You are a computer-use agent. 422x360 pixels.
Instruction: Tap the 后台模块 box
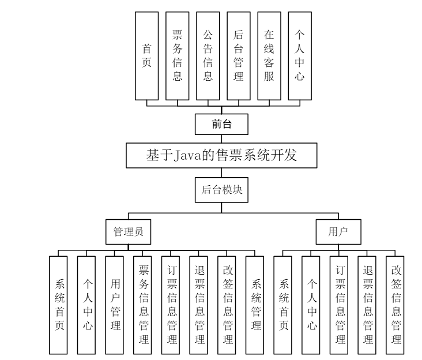[222, 192]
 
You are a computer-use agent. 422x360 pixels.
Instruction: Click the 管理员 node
[128, 232]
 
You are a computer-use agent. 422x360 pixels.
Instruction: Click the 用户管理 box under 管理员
[115, 304]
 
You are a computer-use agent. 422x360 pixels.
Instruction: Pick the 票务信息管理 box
[143, 304]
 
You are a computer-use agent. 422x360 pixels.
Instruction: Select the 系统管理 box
[255, 304]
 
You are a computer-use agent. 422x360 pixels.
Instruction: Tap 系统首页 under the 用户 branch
[283, 304]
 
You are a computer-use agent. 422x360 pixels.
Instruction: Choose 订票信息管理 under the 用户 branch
[340, 304]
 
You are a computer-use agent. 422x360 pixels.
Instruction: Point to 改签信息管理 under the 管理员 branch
[227, 304]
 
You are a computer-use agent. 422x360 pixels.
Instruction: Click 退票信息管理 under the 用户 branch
[367, 304]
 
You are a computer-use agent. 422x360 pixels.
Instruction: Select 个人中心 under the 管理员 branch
[87, 304]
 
